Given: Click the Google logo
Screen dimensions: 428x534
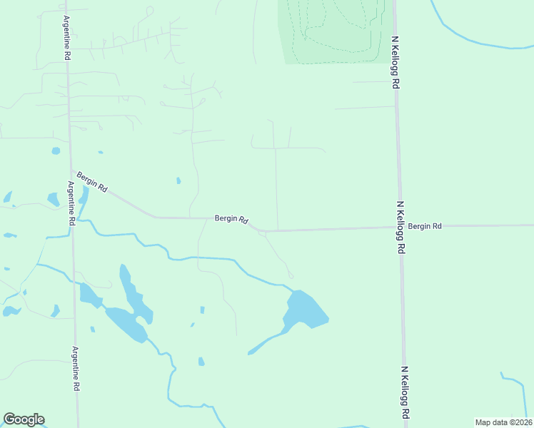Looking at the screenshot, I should [24, 419].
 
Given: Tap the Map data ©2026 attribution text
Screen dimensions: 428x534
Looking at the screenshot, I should [503, 422].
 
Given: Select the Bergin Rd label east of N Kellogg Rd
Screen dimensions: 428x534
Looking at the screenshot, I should [425, 226].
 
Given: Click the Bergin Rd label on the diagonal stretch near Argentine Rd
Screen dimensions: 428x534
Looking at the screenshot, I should [92, 183].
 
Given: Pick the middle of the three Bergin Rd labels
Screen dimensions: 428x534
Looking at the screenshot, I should [231, 220].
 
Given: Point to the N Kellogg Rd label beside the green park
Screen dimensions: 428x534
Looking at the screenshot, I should [394, 62].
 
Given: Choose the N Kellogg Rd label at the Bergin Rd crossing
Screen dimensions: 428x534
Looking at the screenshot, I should [401, 228].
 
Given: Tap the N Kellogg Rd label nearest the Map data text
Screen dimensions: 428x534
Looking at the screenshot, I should [405, 392].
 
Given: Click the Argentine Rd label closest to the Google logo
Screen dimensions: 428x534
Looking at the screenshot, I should [75, 368].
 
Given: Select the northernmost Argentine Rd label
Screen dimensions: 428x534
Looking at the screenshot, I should [66, 37].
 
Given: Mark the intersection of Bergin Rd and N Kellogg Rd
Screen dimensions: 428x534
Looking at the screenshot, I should [399, 228].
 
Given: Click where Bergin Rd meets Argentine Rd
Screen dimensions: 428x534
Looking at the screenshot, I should [71, 170].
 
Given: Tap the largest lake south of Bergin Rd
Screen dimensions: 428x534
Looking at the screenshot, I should [305, 308].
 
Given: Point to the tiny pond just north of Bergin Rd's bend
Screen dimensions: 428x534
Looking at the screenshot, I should [178, 180].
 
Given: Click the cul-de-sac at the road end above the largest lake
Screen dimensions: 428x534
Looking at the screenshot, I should [290, 276].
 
